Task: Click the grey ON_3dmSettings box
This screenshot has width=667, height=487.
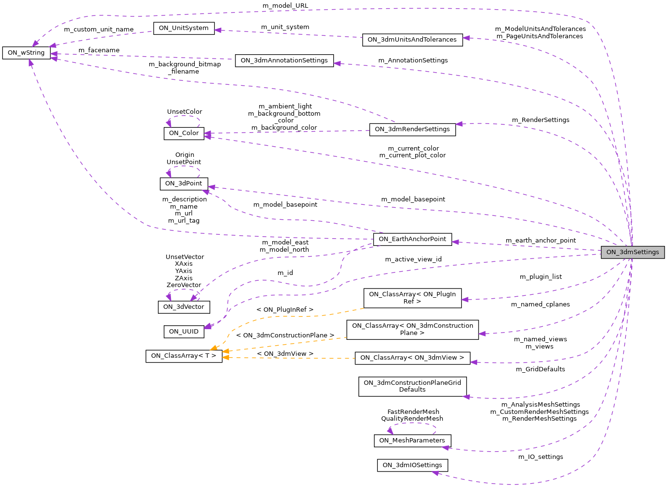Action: click(x=633, y=252)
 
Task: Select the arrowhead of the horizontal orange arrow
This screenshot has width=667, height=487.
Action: click(x=225, y=358)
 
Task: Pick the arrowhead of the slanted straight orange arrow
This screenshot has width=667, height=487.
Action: click(x=225, y=351)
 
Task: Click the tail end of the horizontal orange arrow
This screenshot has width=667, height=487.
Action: click(x=355, y=358)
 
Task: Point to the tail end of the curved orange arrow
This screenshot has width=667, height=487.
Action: click(x=364, y=308)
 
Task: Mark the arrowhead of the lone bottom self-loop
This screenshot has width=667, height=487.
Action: click(x=390, y=430)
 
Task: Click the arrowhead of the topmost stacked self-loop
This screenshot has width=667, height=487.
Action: click(x=169, y=123)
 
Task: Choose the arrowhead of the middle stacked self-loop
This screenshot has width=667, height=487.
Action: click(x=169, y=173)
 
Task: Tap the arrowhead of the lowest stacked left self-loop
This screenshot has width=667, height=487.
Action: click(x=169, y=296)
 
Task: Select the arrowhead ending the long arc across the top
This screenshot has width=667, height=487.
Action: click(x=35, y=44)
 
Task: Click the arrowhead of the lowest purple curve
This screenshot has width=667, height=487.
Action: click(x=435, y=473)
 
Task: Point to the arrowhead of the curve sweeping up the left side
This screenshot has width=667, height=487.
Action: click(x=31, y=62)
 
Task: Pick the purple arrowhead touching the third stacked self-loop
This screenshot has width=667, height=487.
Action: click(x=194, y=298)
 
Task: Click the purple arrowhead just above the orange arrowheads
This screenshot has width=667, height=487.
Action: click(x=208, y=326)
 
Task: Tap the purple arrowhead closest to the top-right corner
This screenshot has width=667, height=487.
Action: click(x=465, y=38)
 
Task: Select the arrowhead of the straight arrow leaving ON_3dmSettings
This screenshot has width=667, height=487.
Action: click(x=455, y=242)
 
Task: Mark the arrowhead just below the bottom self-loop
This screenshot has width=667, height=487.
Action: click(x=445, y=448)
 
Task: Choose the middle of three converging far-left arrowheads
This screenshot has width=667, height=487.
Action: click(x=54, y=54)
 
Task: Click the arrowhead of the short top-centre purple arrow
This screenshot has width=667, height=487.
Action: click(x=217, y=30)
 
